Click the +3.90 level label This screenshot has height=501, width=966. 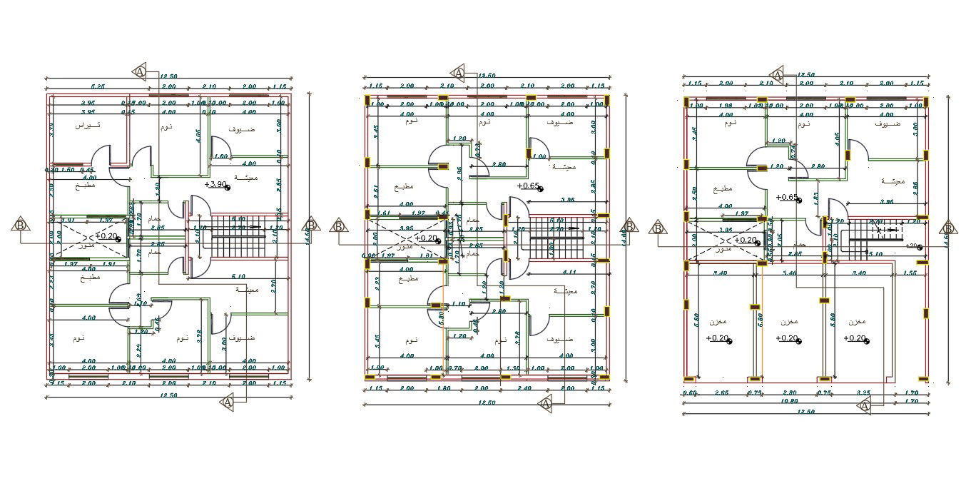coord(216,184)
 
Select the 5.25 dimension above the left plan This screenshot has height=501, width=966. coord(97,86)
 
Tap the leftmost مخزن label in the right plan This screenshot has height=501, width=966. coord(718,321)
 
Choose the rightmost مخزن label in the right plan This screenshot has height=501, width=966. coord(858,321)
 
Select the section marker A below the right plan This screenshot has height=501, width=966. coord(865,406)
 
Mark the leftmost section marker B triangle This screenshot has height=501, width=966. coord(21,225)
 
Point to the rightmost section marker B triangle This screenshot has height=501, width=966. coord(948,228)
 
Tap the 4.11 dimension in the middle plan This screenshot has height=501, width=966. coord(569,272)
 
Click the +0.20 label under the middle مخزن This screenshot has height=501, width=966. coord(788,338)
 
